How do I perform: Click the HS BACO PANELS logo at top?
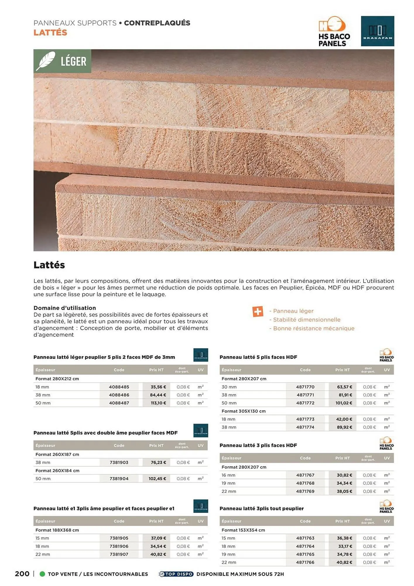tap(334, 31)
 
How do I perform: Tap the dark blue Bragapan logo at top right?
tap(377, 31)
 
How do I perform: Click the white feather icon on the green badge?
tap(46, 61)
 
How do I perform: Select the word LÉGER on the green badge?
tap(73, 62)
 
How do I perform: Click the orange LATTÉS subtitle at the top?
tap(50, 33)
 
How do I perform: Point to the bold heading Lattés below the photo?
tap(49, 265)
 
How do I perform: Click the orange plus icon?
tap(258, 311)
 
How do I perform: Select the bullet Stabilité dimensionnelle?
tap(306, 320)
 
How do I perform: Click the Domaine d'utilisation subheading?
tap(65, 308)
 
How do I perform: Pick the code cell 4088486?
tap(119, 395)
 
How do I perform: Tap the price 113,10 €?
tap(158, 403)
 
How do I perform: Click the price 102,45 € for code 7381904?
tap(157, 478)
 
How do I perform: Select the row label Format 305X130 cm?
tap(243, 411)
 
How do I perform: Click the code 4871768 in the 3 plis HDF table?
tap(305, 483)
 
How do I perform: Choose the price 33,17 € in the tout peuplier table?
tap(344, 546)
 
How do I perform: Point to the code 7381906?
tap(119, 546)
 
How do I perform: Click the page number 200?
tap(22, 574)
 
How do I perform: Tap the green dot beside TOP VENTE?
tap(42, 574)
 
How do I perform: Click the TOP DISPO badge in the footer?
tap(176, 574)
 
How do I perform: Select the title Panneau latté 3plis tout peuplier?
tap(261, 508)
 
